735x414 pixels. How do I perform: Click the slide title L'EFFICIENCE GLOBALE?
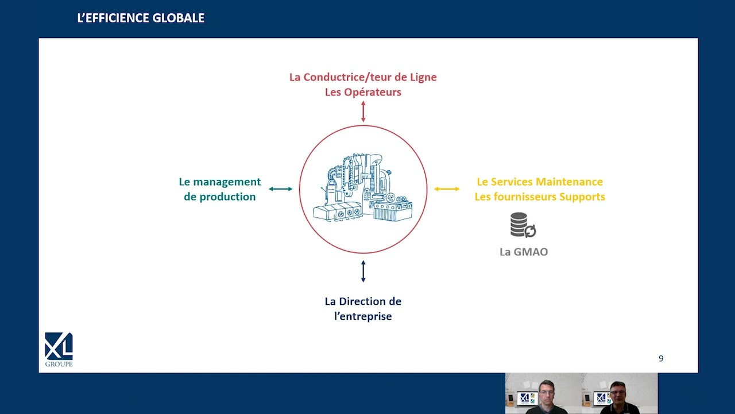pyautogui.click(x=141, y=18)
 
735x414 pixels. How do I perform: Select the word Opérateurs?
pyautogui.click(x=377, y=93)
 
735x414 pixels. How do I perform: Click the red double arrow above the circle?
pyautogui.click(x=363, y=112)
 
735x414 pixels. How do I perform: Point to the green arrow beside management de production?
pyautogui.click(x=281, y=189)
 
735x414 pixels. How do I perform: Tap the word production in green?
pyautogui.click(x=228, y=197)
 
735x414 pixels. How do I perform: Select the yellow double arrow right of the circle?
pyautogui.click(x=447, y=189)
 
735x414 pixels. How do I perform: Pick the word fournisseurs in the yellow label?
pyautogui.click(x=524, y=197)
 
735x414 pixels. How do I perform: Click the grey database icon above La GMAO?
pyautogui.click(x=523, y=225)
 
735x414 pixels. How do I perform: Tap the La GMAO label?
pyautogui.click(x=524, y=252)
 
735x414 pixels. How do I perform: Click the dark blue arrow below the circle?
pyautogui.click(x=363, y=271)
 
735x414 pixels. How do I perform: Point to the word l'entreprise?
pyautogui.click(x=363, y=316)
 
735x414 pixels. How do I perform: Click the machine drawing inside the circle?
pyautogui.click(x=362, y=188)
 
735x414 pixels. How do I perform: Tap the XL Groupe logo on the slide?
pyautogui.click(x=59, y=350)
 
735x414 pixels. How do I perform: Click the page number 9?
pyautogui.click(x=661, y=358)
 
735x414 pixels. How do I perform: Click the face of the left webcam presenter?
pyautogui.click(x=546, y=394)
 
